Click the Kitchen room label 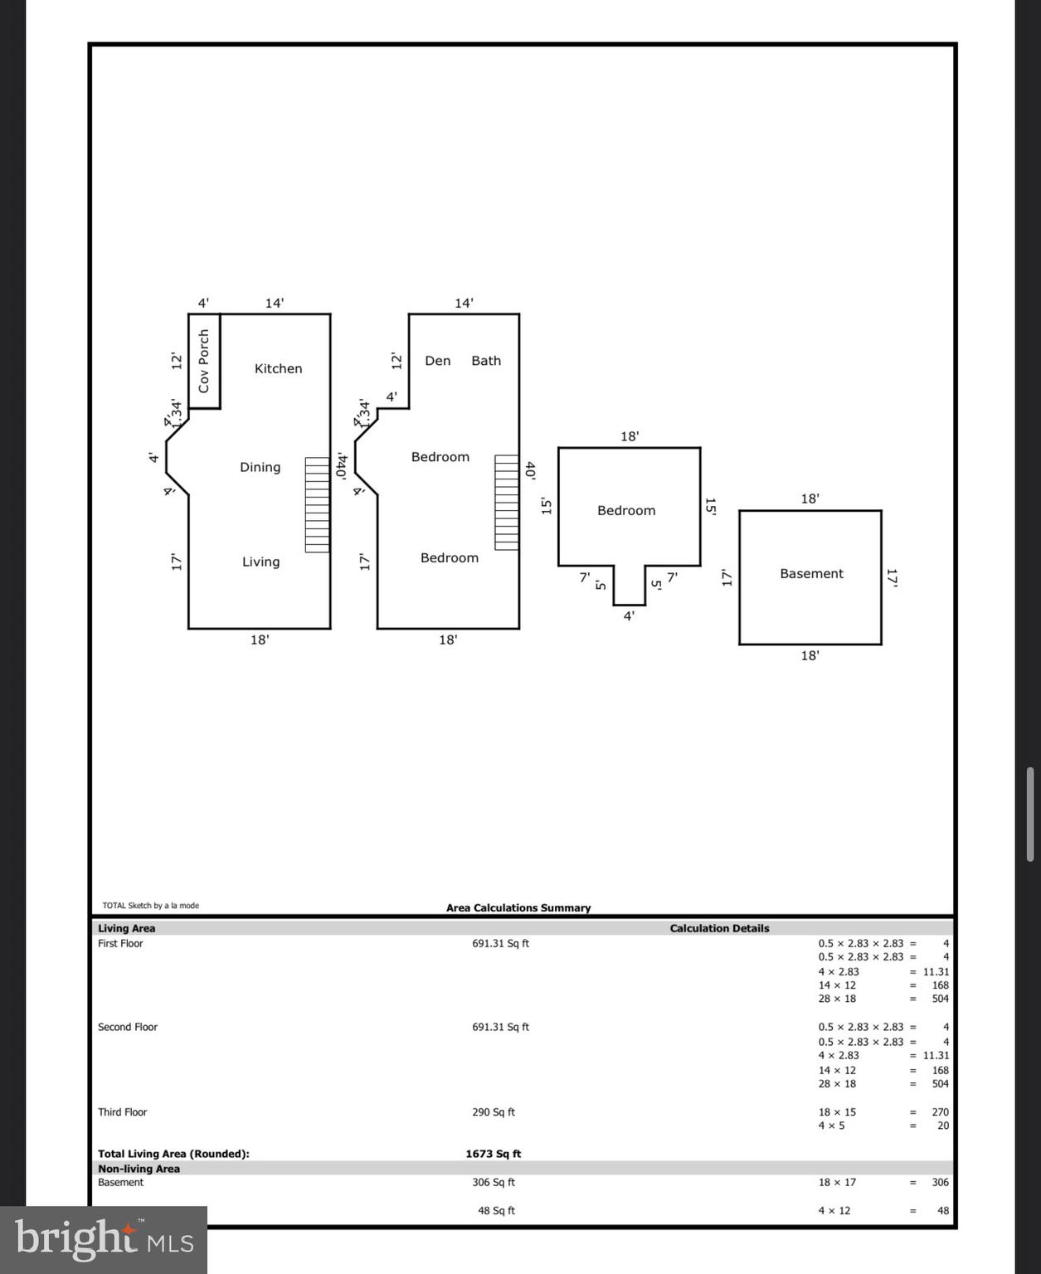(x=278, y=368)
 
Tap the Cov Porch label (x=204, y=361)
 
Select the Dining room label (x=260, y=467)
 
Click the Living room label (x=260, y=562)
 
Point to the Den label (x=437, y=361)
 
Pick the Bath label (x=486, y=361)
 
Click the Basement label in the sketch (x=811, y=573)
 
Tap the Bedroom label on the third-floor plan (x=626, y=510)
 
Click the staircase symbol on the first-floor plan (x=317, y=504)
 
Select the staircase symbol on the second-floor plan (x=507, y=503)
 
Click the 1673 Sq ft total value (x=493, y=1154)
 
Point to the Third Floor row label (x=122, y=1112)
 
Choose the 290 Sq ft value (x=493, y=1112)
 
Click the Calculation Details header (x=719, y=928)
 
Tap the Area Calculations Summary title (x=518, y=907)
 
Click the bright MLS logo (x=104, y=1239)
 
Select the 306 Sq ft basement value (x=493, y=1182)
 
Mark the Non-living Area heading (x=139, y=1169)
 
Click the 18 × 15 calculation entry (x=837, y=1112)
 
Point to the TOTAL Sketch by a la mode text (x=150, y=906)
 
